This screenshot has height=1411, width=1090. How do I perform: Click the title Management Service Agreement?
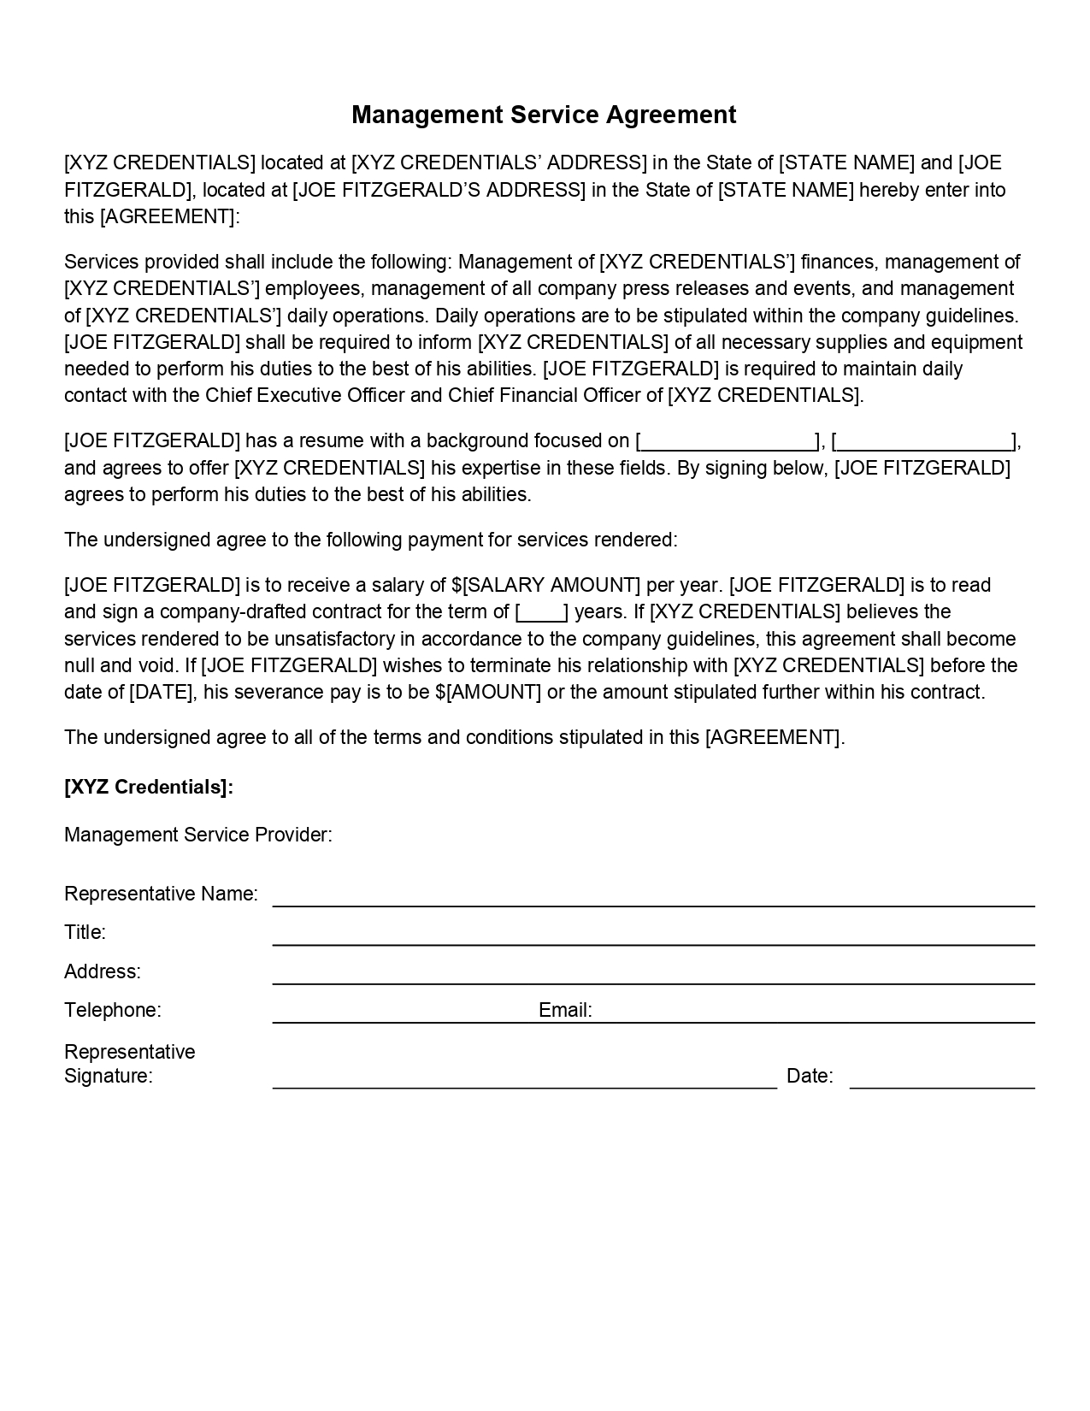pyautogui.click(x=544, y=115)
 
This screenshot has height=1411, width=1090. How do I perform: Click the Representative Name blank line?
pyautogui.click(x=653, y=898)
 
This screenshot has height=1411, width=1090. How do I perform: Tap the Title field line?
pyautogui.click(x=653, y=937)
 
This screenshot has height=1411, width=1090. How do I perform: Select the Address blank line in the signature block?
pyautogui.click(x=653, y=977)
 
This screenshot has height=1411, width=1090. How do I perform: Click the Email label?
pyautogui.click(x=565, y=1010)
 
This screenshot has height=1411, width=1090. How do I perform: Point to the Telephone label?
pyautogui.click(x=112, y=1010)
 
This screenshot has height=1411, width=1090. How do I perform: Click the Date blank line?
pyautogui.click(x=941, y=1081)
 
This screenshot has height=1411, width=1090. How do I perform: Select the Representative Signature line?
pyautogui.click(x=524, y=1081)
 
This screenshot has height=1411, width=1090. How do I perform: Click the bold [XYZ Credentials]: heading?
pyautogui.click(x=149, y=787)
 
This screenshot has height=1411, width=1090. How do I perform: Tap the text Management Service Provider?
pyautogui.click(x=198, y=835)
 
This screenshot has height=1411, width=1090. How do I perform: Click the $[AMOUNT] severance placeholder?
pyautogui.click(x=488, y=692)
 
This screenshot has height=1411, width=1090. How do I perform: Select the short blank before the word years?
pyautogui.click(x=541, y=612)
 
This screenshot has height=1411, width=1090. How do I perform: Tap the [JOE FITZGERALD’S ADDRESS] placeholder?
pyautogui.click(x=439, y=190)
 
